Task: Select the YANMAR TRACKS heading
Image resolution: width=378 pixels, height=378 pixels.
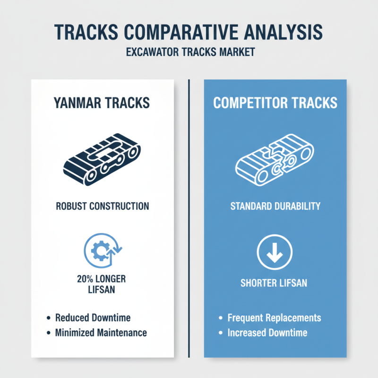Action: pos(102,103)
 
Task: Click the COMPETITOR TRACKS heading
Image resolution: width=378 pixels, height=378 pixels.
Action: pos(275,103)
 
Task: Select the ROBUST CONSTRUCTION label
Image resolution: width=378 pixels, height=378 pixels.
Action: pos(102,206)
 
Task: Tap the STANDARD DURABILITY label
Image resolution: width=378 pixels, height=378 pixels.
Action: pos(275,206)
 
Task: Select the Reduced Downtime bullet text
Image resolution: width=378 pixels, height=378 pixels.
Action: pos(93,318)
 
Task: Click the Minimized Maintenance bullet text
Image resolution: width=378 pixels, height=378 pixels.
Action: pos(101,333)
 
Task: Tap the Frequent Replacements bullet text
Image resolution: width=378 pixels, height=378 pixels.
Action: pos(274,318)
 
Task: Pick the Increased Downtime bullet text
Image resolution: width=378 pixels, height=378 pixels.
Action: pos(267,333)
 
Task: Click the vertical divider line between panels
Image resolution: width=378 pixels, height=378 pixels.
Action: pos(189,217)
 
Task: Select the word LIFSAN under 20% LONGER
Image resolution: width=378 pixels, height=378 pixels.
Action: pos(102,290)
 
